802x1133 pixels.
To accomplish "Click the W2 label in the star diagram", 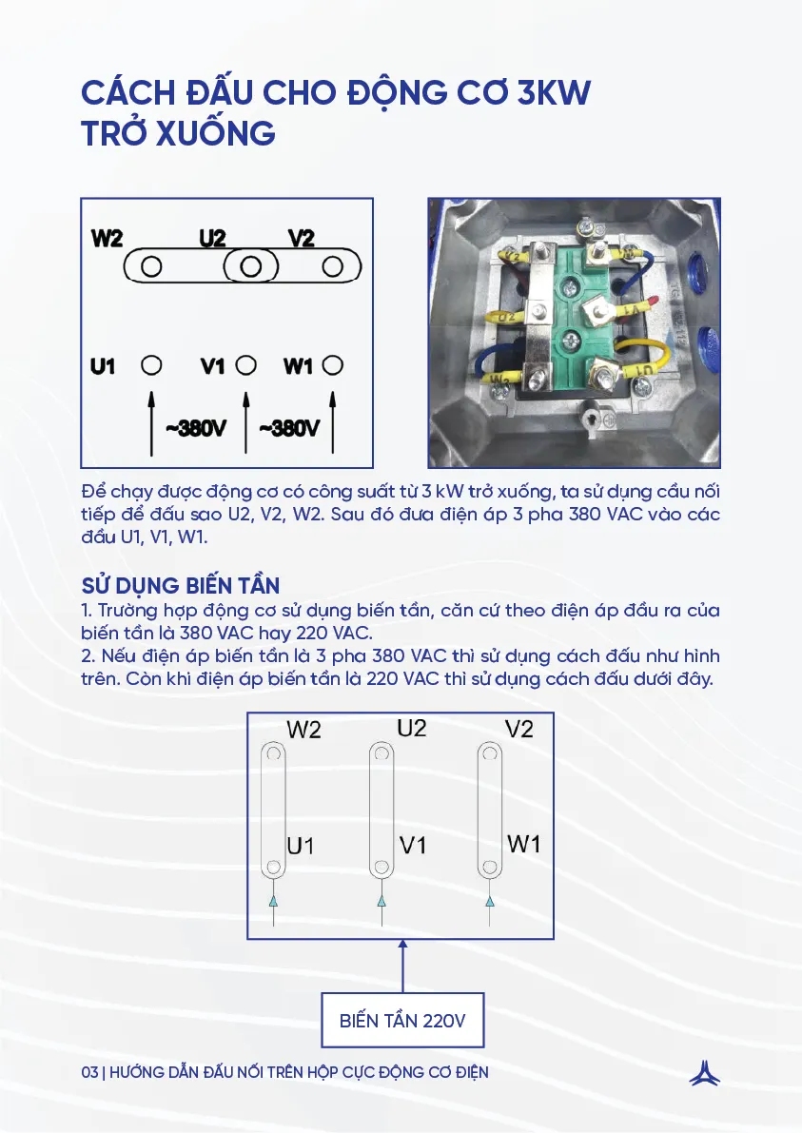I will pyautogui.click(x=108, y=239).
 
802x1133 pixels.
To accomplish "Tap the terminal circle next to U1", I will pyautogui.click(x=151, y=365).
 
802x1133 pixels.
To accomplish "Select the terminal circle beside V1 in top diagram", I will pyautogui.click(x=245, y=365).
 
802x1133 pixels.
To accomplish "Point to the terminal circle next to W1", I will pyautogui.click(x=332, y=365).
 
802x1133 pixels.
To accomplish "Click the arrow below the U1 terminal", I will pyautogui.click(x=151, y=419).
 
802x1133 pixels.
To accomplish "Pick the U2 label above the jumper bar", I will pyautogui.click(x=212, y=239).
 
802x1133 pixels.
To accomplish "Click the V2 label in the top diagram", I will pyautogui.click(x=301, y=239).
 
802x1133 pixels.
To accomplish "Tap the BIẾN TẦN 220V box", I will pyautogui.click(x=402, y=1021).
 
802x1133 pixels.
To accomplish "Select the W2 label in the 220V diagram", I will pyautogui.click(x=303, y=731).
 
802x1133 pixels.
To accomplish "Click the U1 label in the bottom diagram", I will pyautogui.click(x=301, y=846).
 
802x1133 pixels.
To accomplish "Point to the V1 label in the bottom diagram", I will pyautogui.click(x=413, y=845).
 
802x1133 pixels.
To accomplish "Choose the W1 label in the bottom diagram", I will pyautogui.click(x=524, y=843).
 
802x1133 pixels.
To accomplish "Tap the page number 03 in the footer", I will pyautogui.click(x=90, y=1072).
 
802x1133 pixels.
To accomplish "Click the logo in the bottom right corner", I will pyautogui.click(x=704, y=1072).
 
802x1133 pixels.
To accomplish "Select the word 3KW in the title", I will pyautogui.click(x=553, y=94).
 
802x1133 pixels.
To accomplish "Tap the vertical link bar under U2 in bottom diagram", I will pyautogui.click(x=382, y=811).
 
